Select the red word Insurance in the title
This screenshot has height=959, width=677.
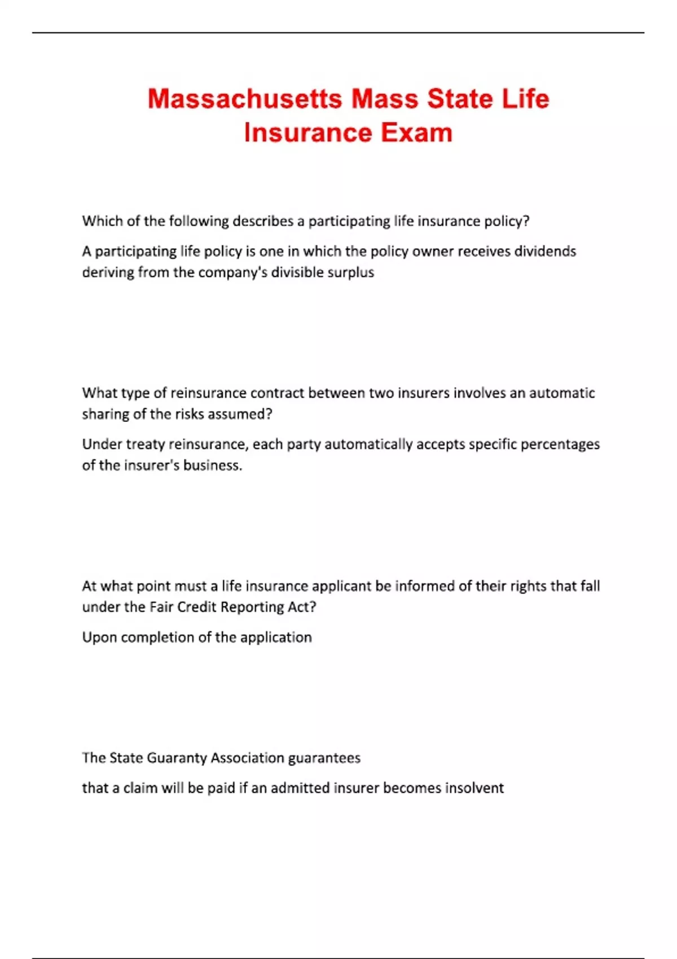pyautogui.click(x=307, y=133)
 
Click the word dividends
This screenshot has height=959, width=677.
pyautogui.click(x=545, y=251)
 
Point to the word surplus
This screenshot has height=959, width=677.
pyautogui.click(x=351, y=272)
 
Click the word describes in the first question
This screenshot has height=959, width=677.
pyautogui.click(x=263, y=221)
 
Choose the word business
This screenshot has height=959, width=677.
pyautogui.click(x=214, y=465)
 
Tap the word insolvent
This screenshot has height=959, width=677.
pyautogui.click(x=474, y=788)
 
